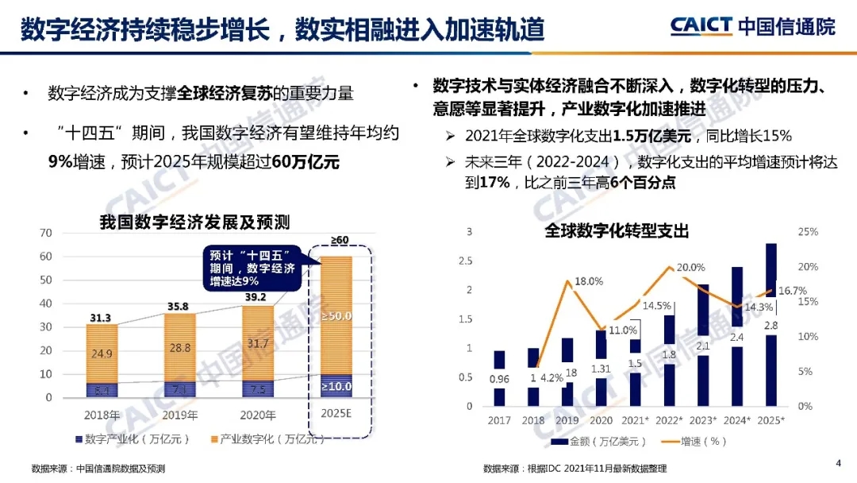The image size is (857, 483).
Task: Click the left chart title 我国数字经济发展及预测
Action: (x=194, y=222)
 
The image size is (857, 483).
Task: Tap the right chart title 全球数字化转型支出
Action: (x=617, y=231)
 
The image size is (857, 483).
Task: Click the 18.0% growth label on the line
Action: (x=589, y=281)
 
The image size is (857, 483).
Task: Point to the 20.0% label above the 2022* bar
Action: (x=690, y=268)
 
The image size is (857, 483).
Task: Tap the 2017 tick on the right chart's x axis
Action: (x=499, y=419)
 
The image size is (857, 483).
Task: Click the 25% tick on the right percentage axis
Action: (x=807, y=232)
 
